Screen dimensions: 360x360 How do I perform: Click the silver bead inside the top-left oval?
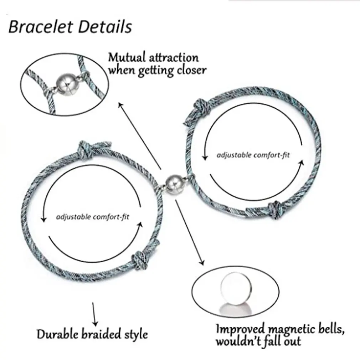point(65,85)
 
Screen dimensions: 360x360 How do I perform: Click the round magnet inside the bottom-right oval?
point(233,288)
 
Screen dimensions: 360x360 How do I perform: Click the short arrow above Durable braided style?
point(94,314)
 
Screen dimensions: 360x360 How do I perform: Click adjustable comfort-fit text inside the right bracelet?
point(253,155)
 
